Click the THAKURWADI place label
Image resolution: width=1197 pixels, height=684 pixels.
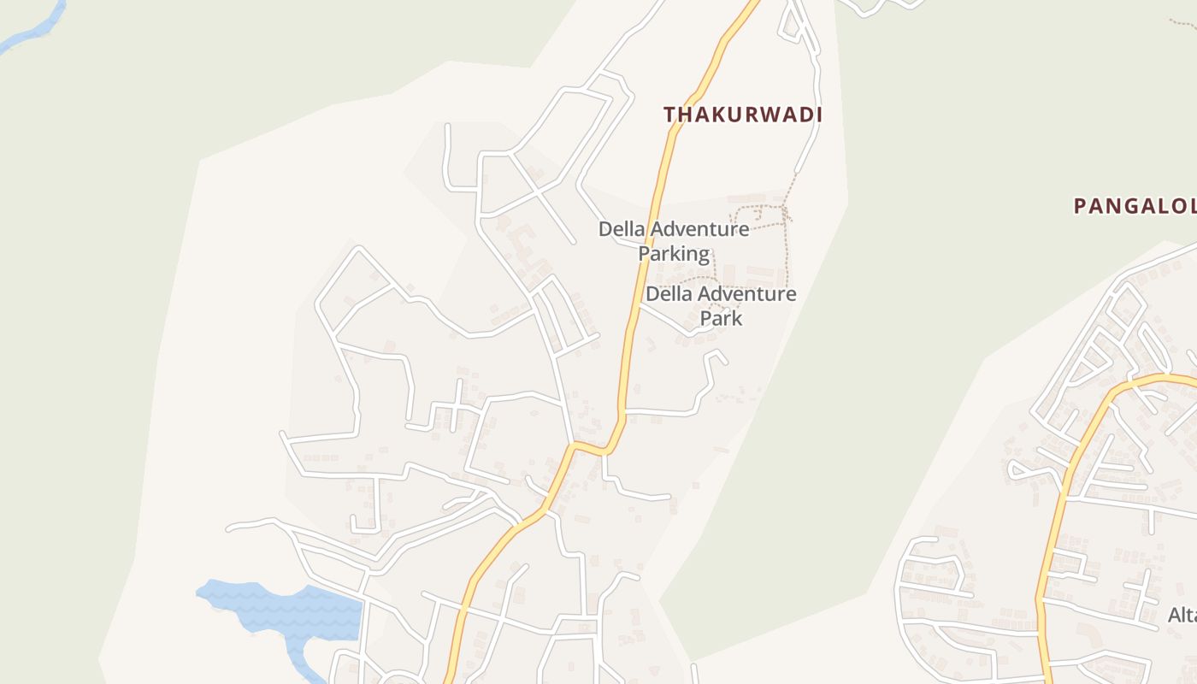point(742,115)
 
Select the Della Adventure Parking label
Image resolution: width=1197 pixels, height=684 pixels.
point(674,241)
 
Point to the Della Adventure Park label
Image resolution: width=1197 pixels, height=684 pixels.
point(721,306)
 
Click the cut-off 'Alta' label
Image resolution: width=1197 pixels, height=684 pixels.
point(1182,615)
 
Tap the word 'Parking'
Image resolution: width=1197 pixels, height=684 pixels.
point(674,254)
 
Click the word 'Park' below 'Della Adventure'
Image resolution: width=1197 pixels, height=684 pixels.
point(721,319)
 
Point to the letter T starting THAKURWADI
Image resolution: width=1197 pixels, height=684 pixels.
point(669,115)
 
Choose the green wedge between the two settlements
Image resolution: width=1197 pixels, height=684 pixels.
point(821,479)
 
